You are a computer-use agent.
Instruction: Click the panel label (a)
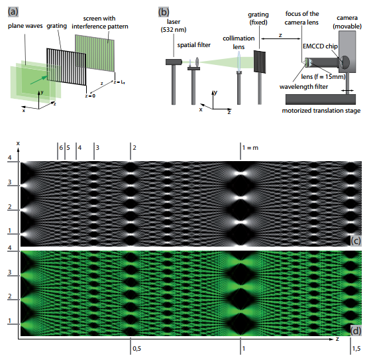pos(13,12)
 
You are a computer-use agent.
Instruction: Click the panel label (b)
pos(164,12)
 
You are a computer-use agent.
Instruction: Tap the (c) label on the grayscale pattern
pos(356,241)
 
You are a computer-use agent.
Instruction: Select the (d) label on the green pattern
pos(356,331)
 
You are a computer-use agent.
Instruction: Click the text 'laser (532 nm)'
pos(174,26)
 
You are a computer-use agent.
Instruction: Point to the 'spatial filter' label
pos(193,45)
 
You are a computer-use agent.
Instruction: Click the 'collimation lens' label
pos(239,42)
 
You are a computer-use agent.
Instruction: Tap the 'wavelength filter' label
pos(303,86)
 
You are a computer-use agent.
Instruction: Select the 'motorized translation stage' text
pos(321,111)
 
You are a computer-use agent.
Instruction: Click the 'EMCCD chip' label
pos(320,46)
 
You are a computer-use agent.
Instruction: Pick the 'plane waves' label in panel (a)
pos(25,26)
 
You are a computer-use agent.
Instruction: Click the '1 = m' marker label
pos(250,148)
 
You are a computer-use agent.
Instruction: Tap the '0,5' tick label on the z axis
pos(136,349)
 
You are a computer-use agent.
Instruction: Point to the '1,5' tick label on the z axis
pos(356,349)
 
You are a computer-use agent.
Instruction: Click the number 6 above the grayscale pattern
pos(61,148)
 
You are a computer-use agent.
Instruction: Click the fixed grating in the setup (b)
pos(260,62)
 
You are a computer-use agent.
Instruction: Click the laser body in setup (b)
pos(174,62)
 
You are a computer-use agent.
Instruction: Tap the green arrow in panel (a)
pos(38,80)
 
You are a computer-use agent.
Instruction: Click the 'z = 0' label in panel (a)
pos(90,96)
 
